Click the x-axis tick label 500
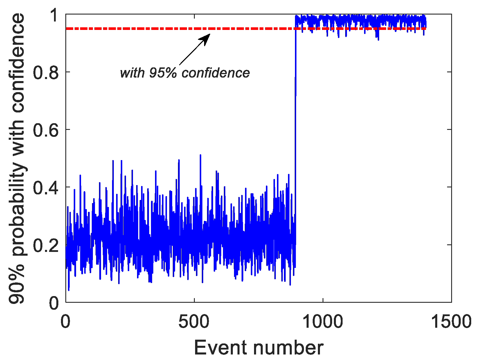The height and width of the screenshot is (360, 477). tap(194, 322)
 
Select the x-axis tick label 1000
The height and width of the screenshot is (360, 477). tap(323, 322)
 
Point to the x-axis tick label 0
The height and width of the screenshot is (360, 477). tap(66, 322)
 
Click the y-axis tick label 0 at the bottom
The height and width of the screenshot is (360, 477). tap(54, 303)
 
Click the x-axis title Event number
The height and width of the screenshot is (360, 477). tap(258, 347)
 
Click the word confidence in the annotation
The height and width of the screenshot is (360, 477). tap(215, 73)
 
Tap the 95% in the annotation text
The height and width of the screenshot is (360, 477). tap(163, 73)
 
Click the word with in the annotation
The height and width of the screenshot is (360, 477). tap(132, 73)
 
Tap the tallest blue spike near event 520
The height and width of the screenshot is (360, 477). tap(200, 155)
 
